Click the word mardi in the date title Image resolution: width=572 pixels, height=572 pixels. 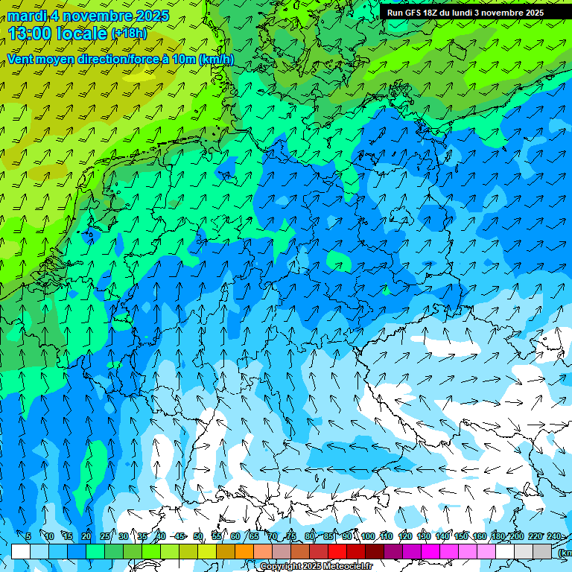click(x=28, y=15)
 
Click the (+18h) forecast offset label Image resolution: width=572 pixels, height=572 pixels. click(x=129, y=33)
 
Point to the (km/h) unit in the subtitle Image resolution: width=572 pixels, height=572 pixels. click(x=216, y=59)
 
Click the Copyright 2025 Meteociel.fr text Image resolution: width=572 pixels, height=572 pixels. click(x=316, y=567)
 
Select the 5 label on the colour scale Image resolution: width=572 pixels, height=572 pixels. click(x=28, y=536)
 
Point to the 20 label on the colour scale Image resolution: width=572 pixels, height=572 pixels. click(x=86, y=536)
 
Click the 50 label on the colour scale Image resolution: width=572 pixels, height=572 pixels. click(x=197, y=536)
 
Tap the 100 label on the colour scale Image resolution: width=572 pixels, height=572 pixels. click(x=367, y=536)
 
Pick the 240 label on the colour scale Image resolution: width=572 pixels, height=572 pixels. click(x=554, y=536)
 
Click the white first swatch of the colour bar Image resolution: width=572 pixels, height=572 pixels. click(x=21, y=551)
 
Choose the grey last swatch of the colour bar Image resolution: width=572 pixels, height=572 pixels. click(x=542, y=551)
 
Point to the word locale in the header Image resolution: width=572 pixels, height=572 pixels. click(x=82, y=33)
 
